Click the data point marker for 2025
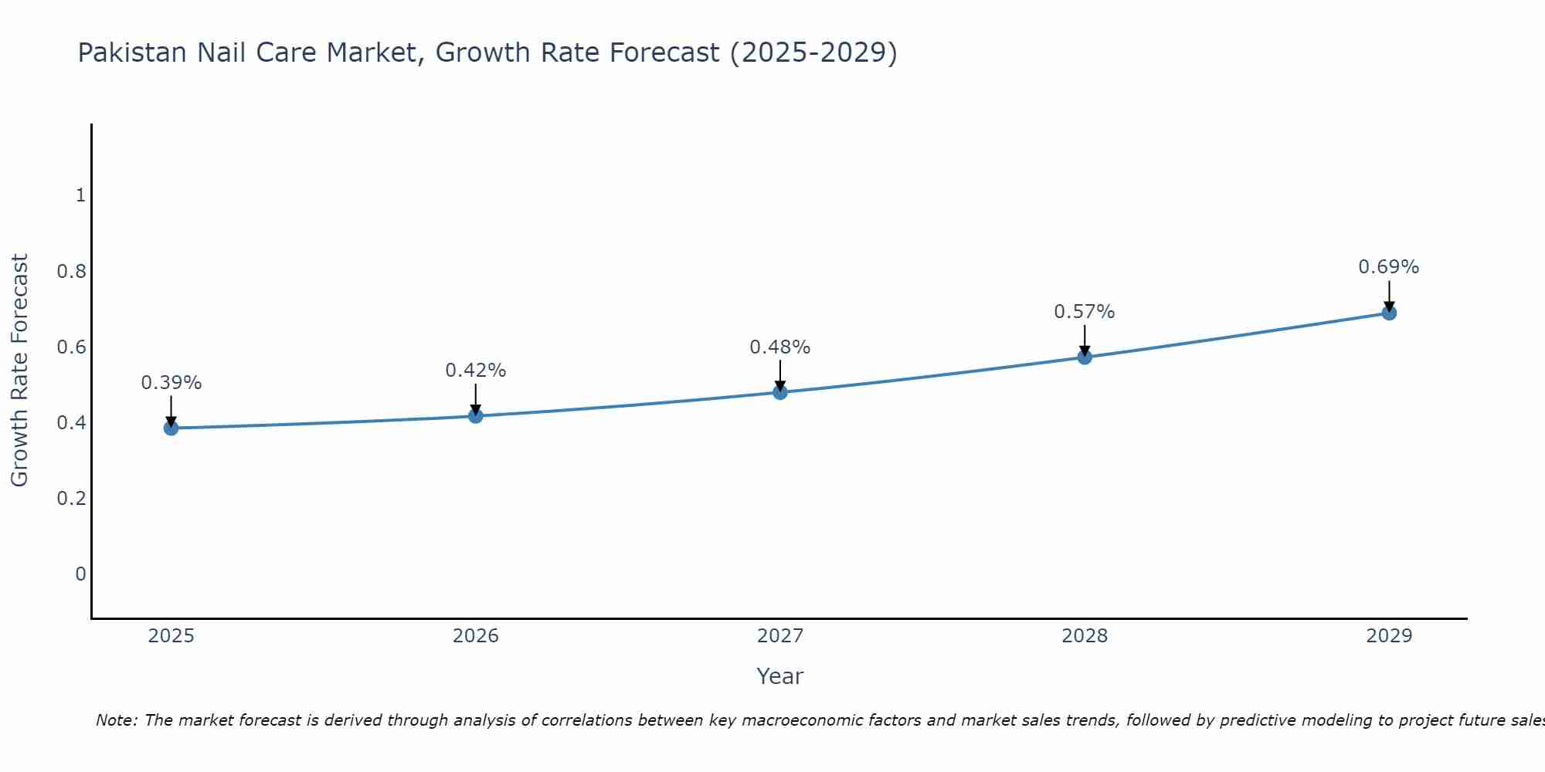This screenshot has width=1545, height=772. pos(171,428)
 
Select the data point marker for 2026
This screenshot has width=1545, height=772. pos(476,415)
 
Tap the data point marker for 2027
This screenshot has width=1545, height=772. pos(780,392)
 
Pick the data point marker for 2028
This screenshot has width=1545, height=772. pos(1085,357)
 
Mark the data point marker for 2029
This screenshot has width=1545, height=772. pos(1389,313)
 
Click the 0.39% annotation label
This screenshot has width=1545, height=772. pos(171,383)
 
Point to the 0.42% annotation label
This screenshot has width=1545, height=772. pos(476,371)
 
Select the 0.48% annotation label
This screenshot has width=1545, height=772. pos(780,347)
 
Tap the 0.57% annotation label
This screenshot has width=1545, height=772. pos(1085,312)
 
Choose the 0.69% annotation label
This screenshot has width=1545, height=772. pos(1389,267)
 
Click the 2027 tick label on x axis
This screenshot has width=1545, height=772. pos(780,636)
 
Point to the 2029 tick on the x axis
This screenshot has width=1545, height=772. pos(1389,636)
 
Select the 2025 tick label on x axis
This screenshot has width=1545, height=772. pos(171,636)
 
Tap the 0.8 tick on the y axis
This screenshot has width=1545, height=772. pos(71,272)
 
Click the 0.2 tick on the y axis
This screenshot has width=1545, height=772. pos(71,499)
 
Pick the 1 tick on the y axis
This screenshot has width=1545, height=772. pos(80,195)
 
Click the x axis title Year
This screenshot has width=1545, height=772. pos(780,676)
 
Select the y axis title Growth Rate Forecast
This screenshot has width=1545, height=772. pos(19,371)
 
